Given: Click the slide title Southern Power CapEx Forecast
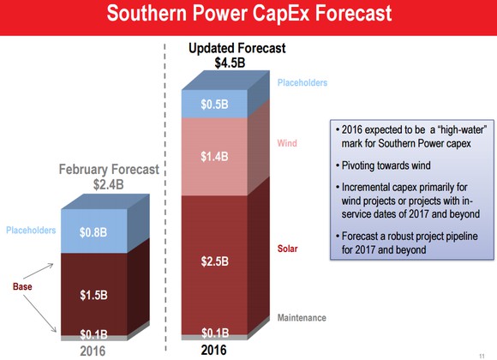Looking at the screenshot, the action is tap(249, 14).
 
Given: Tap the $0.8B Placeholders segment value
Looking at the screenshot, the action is tap(93, 232).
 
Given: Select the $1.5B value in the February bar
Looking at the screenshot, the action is tap(93, 296).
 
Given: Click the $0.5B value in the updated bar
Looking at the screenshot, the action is tap(214, 105).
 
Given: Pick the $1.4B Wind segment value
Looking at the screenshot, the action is tap(214, 156).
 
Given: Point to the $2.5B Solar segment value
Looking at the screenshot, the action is tap(214, 261).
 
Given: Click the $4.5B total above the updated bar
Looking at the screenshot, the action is tap(230, 63).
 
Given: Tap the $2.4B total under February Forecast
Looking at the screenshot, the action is tap(109, 184).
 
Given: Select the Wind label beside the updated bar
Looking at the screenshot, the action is tap(287, 143).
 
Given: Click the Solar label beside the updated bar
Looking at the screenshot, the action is tap(287, 249).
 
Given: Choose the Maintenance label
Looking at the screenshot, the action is tap(302, 318).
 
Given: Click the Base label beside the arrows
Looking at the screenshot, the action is tap(22, 287).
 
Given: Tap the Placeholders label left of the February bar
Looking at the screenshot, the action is tap(31, 230).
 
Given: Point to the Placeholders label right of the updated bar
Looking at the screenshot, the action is tap(302, 83).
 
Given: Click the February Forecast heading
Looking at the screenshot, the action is tap(109, 170).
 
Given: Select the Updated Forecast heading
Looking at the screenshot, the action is tap(237, 48).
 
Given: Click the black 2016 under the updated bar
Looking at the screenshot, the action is tap(213, 351).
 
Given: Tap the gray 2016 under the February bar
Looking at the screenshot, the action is tap(93, 351).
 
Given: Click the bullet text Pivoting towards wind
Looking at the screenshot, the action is tap(386, 165).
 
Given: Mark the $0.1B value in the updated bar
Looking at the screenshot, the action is tap(215, 333).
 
